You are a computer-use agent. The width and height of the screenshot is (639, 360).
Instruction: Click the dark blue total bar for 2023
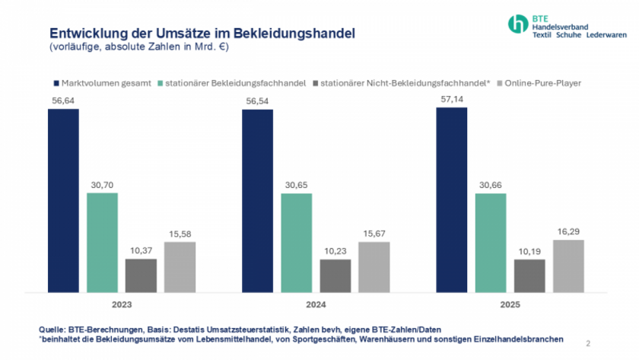[63, 200]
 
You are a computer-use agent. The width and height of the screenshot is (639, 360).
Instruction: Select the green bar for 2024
[296, 243]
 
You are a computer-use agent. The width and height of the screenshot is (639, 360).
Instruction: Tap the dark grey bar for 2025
[529, 276]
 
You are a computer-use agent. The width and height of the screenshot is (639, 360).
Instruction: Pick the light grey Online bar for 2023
[180, 266]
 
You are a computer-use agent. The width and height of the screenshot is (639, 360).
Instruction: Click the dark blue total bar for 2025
[451, 199]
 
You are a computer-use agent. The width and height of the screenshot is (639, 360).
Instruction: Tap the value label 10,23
[335, 251]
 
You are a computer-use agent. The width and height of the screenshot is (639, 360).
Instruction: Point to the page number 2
[588, 342]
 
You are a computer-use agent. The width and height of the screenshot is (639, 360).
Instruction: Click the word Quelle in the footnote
[52, 328]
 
